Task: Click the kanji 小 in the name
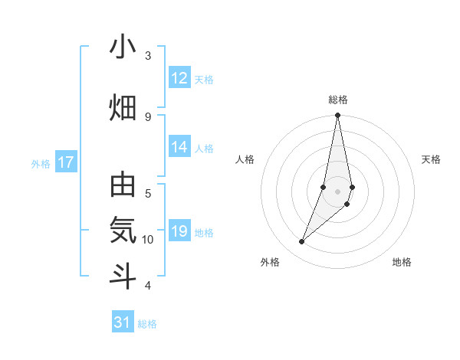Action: point(123,47)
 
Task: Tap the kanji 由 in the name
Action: point(123,187)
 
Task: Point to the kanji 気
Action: point(123,230)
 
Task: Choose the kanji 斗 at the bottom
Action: point(123,275)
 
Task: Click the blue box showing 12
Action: point(179,78)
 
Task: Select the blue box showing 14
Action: point(179,147)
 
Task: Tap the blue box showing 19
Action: point(179,232)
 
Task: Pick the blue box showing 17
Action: point(66,162)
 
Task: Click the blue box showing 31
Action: point(123,322)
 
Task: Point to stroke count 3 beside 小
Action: point(148,56)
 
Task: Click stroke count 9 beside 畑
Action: point(148,116)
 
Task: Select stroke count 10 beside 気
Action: point(148,240)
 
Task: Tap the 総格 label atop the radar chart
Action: point(338,100)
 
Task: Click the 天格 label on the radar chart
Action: point(432,159)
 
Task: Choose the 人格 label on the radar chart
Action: point(245,159)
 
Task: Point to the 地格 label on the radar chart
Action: point(402,262)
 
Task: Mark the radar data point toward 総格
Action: point(338,116)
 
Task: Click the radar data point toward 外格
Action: point(302,242)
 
